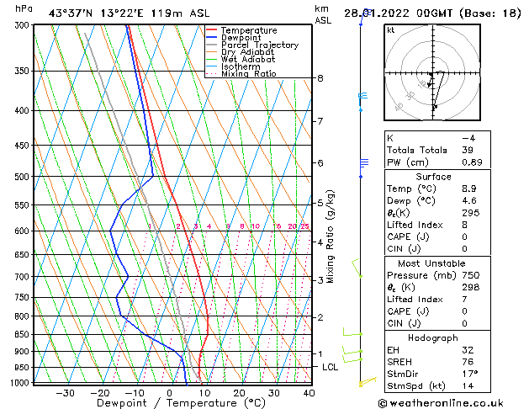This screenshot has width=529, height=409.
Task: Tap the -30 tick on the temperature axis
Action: pyautogui.click(x=65, y=393)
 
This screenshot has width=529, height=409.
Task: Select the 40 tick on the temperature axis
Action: pyautogui.click(x=309, y=393)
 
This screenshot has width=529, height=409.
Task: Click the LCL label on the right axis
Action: pyautogui.click(x=331, y=368)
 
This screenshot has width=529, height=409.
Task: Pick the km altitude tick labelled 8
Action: pyautogui.click(x=320, y=78)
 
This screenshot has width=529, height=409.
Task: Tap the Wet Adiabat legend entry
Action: pyautogui.click(x=247, y=59)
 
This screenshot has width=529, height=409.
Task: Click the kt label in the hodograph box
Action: pyautogui.click(x=391, y=30)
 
